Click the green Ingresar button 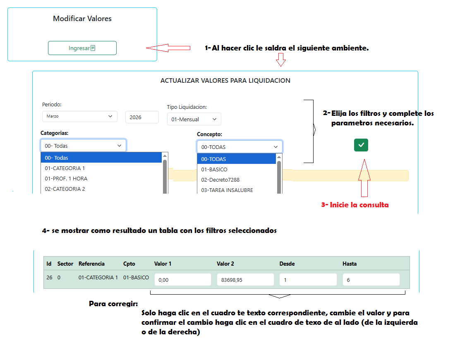pyautogui.click(x=82, y=48)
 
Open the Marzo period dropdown pyautogui.click(x=79, y=116)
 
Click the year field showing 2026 pyautogui.click(x=142, y=118)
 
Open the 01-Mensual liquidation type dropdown pyautogui.click(x=194, y=119)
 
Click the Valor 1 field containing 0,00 pyautogui.click(x=183, y=280)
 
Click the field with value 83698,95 pyautogui.click(x=245, y=280)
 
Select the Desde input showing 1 pyautogui.click(x=308, y=280)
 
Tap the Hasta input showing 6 pyautogui.click(x=371, y=280)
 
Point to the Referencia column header pyautogui.click(x=91, y=264)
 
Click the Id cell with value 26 pyautogui.click(x=49, y=277)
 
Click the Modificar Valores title pyautogui.click(x=82, y=19)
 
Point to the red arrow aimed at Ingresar pyautogui.click(x=168, y=48)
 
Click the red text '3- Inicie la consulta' pyautogui.click(x=355, y=205)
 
